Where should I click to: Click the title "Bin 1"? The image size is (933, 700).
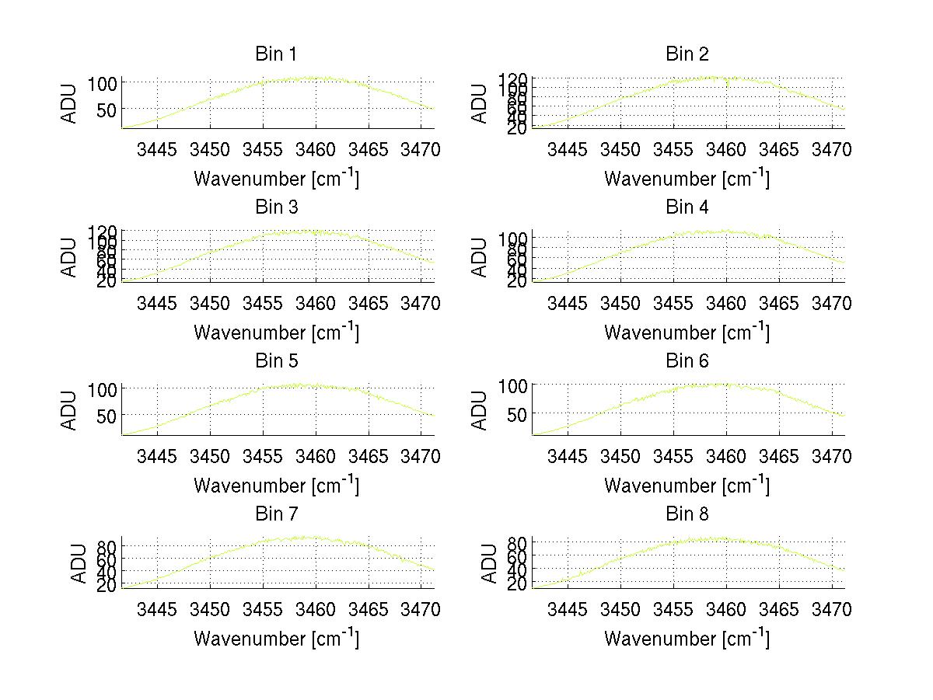(x=275, y=54)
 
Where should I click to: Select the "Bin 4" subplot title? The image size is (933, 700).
(x=687, y=207)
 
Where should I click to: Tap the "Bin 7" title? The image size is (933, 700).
(x=275, y=514)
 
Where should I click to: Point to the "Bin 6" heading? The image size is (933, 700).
(x=687, y=361)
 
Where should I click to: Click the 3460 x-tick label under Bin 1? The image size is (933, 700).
(x=316, y=150)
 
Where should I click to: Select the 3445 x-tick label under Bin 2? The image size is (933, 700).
(x=568, y=150)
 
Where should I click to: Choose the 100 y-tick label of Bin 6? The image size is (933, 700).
(x=514, y=385)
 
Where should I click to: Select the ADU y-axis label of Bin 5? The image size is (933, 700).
(x=70, y=410)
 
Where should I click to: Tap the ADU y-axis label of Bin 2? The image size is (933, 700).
(x=480, y=103)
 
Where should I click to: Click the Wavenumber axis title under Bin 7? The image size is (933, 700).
(x=276, y=638)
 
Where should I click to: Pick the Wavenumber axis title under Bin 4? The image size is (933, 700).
(x=687, y=332)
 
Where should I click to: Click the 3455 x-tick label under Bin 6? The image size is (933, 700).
(x=673, y=457)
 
